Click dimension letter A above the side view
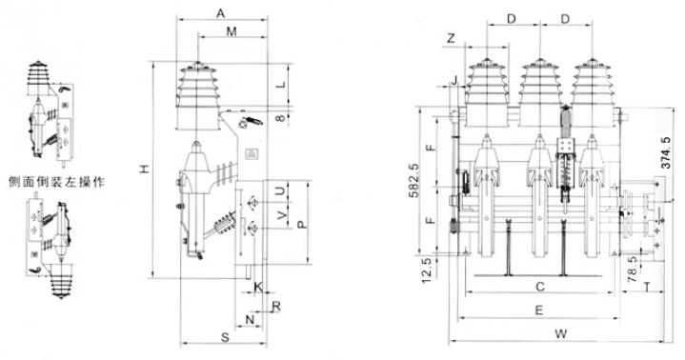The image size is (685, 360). pos(221,13)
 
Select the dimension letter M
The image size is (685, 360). pos(232,31)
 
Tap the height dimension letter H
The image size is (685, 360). pos(146,169)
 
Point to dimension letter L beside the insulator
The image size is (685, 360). pos(282,84)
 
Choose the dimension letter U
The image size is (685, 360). pos(282,190)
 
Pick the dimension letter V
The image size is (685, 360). pos(282,215)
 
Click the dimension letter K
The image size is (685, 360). pos(258,287)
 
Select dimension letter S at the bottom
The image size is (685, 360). pos(225,337)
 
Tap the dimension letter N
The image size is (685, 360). pos(250,320)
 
